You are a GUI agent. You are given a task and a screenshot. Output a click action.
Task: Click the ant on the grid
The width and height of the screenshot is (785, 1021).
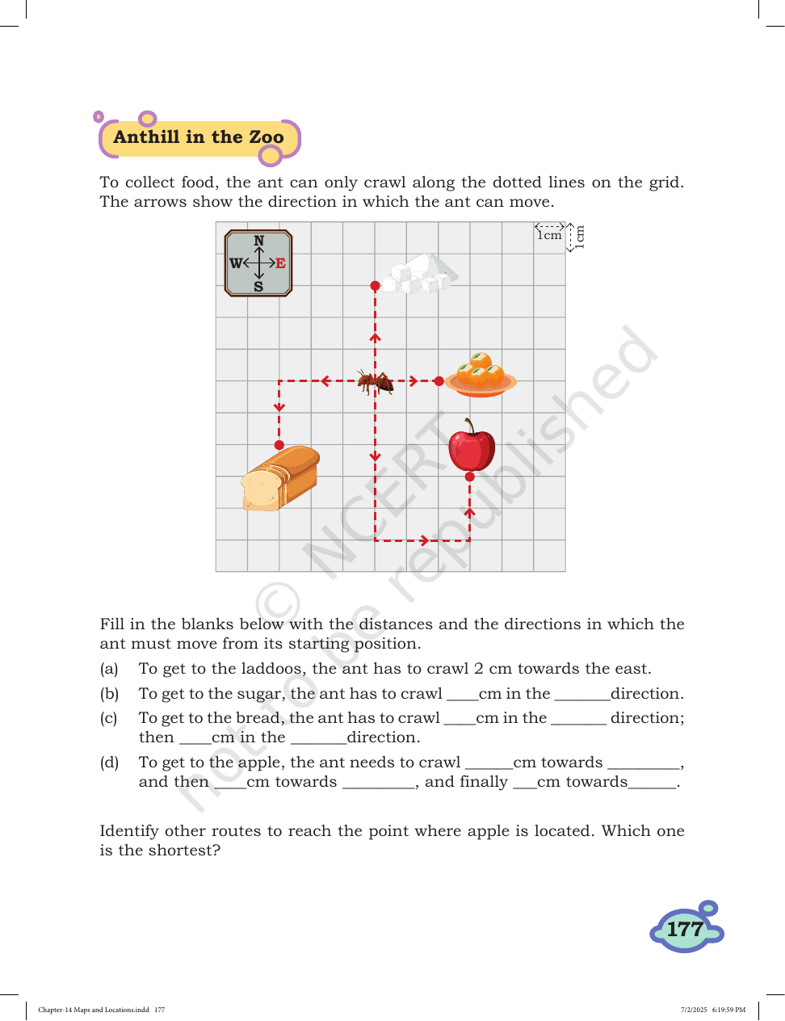[375, 381]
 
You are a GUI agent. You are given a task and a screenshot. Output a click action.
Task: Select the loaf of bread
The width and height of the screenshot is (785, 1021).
[280, 478]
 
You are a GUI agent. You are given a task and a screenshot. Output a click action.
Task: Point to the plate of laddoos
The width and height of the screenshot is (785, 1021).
[481, 375]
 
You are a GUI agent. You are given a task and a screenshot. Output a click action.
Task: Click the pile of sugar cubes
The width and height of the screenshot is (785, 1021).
[420, 274]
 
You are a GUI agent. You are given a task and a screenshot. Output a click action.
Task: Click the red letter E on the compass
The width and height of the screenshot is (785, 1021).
[280, 263]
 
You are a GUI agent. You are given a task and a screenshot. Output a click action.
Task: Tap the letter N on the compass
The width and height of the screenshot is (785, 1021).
[259, 241]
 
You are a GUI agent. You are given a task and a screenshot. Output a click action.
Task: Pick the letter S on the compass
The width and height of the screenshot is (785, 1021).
[258, 286]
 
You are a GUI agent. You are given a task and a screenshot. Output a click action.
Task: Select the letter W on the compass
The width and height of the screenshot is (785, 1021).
[236, 263]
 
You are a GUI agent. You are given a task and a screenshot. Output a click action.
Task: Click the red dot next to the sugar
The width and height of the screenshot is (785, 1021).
[375, 286]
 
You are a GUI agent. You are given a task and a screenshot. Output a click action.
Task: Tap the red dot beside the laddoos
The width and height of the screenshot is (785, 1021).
[439, 381]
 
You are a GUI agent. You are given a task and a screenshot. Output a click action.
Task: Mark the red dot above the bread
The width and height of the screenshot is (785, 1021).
[279, 445]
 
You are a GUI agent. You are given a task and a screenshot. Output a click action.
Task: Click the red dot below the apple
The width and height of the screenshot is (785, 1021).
[470, 477]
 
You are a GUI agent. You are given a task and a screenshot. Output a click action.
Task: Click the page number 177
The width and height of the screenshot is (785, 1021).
[685, 929]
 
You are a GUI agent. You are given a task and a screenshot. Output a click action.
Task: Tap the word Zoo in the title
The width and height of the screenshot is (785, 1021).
[266, 137]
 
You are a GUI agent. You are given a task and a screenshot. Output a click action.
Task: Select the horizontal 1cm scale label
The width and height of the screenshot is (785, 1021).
[550, 235]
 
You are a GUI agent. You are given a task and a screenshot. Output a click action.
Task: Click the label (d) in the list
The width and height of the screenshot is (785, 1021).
[109, 762]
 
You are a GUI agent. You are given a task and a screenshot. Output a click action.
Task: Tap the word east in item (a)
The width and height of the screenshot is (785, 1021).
[632, 668]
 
